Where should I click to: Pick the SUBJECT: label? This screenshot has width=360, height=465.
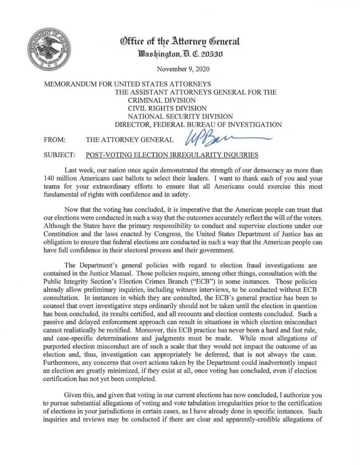click(x=59, y=155)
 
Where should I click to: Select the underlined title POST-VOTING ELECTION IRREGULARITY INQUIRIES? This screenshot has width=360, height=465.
click(x=172, y=155)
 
